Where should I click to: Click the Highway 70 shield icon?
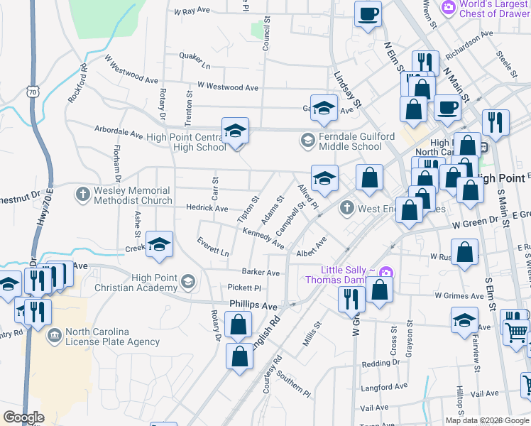(x=31, y=92)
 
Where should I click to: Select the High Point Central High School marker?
(x=235, y=132)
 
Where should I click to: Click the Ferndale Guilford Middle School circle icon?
(x=307, y=140)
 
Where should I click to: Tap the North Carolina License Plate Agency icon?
(x=54, y=334)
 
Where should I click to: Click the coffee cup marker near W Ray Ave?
(x=368, y=14)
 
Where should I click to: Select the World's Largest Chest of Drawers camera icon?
(x=448, y=7)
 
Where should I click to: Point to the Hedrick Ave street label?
(x=207, y=209)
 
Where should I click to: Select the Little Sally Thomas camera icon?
(x=385, y=271)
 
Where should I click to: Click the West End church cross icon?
(x=346, y=208)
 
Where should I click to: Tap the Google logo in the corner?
(x=23, y=417)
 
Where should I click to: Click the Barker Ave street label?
(x=261, y=272)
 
